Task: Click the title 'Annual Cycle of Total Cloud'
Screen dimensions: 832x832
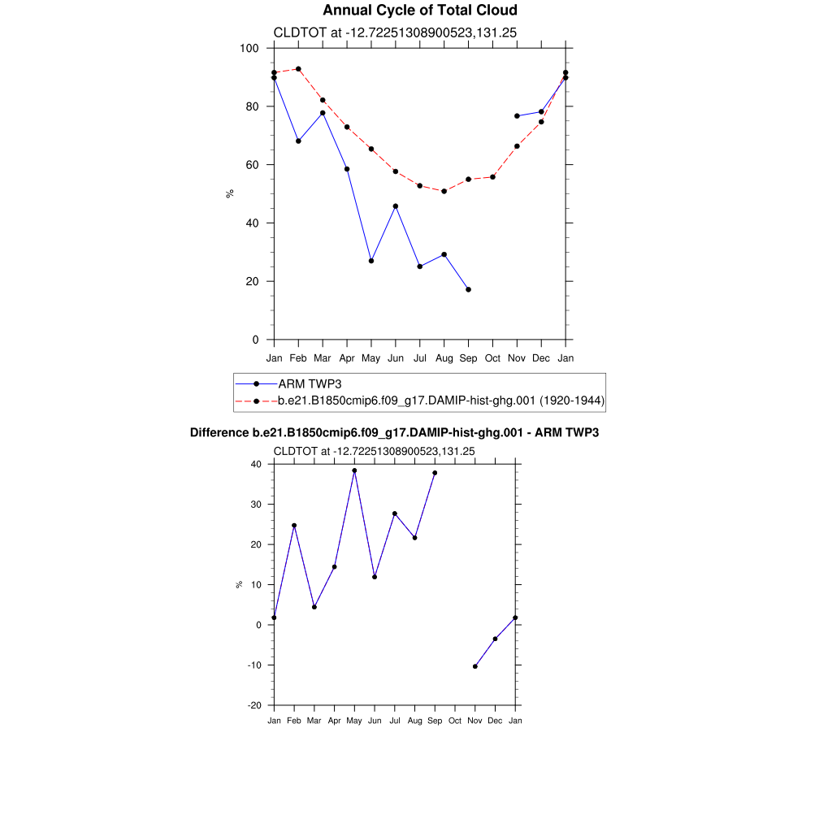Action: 419,11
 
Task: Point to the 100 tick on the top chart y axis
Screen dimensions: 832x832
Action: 249,48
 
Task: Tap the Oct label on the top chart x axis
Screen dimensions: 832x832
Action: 492,357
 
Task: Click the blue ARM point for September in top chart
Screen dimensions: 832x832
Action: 468,289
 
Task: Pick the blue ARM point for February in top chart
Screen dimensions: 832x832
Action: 298,141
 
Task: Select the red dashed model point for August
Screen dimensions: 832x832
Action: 444,191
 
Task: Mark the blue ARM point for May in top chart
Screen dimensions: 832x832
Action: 371,261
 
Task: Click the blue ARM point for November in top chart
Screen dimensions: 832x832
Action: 517,116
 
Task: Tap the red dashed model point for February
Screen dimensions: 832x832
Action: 298,69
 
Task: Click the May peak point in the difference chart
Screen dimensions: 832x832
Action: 354,470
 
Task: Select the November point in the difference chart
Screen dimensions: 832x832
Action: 475,666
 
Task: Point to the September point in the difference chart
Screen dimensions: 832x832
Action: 435,473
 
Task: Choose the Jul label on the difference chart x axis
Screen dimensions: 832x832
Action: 395,721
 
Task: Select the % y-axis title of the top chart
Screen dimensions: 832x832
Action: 230,193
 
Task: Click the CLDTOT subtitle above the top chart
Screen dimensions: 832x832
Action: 396,33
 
